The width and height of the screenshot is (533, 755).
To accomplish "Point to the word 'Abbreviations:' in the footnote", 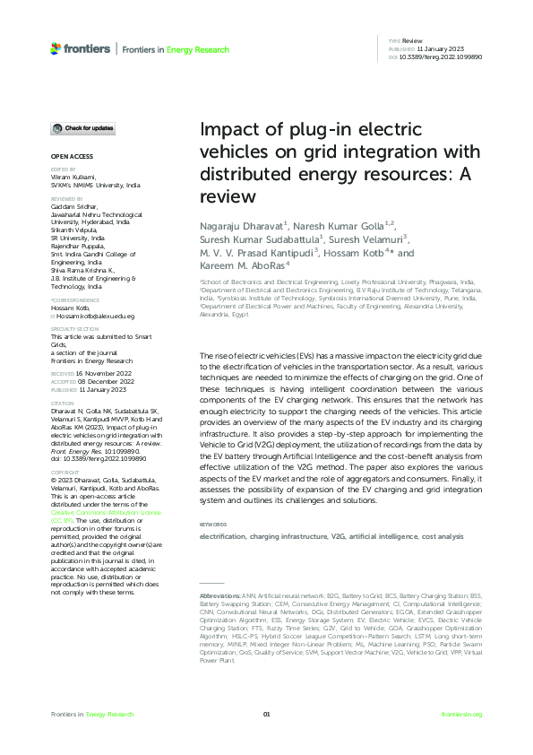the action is tap(219, 594).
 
